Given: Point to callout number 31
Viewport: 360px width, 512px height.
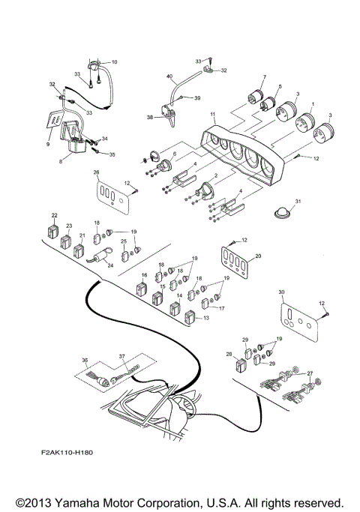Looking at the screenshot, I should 297,202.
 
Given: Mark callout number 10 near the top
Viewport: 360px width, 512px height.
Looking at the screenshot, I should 115,62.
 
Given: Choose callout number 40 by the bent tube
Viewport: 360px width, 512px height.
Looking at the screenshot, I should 169,76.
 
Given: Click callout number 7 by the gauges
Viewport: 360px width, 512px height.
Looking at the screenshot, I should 264,79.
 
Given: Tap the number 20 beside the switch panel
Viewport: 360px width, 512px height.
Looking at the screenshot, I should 259,255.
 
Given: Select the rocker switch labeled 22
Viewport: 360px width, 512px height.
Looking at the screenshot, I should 53,229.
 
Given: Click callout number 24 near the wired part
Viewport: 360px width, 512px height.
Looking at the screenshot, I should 109,265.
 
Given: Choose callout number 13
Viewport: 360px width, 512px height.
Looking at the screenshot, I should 206,319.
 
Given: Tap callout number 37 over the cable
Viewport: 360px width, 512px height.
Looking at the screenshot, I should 121,357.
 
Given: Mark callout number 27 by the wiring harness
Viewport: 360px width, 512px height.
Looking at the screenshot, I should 310,372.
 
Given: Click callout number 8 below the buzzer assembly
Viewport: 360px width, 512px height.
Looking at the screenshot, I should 61,160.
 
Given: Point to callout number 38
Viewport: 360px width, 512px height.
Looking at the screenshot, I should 149,118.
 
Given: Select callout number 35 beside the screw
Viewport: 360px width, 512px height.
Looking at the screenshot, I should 112,154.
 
